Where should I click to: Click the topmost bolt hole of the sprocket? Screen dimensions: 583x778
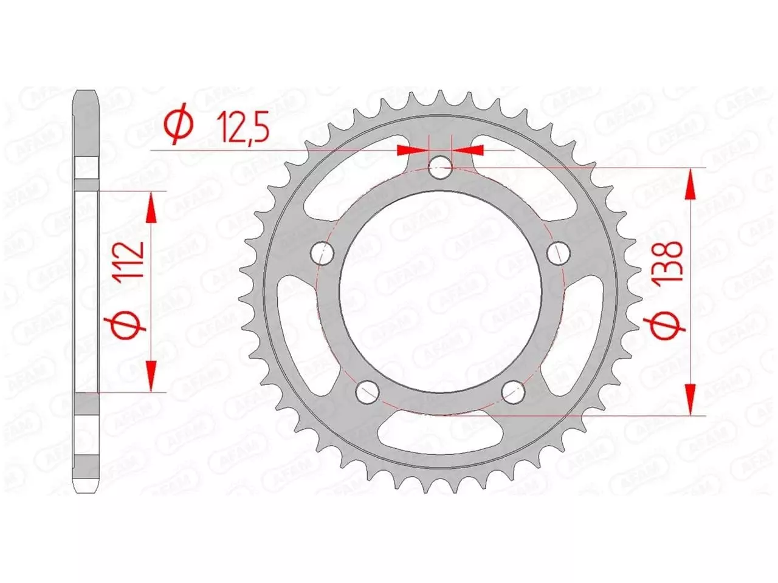click(440, 168)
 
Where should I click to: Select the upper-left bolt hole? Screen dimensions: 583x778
click(324, 253)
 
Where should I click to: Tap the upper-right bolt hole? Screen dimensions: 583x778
click(556, 253)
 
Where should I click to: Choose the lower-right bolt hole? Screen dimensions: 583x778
click(513, 391)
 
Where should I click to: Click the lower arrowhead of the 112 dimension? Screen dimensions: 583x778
click(151, 375)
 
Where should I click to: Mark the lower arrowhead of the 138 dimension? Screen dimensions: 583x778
click(690, 398)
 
